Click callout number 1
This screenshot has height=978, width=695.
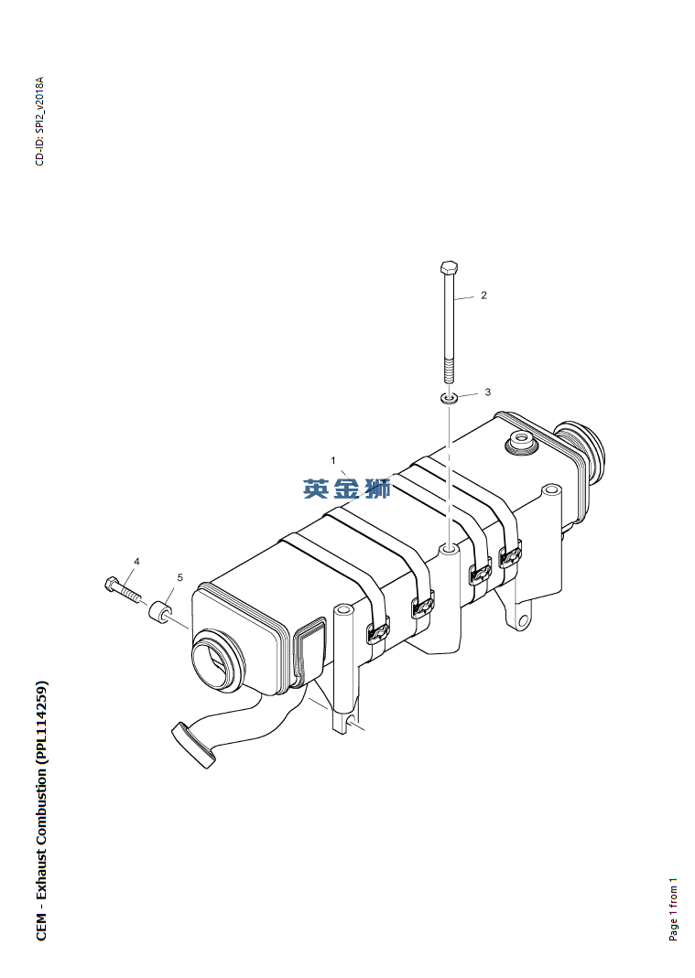332,461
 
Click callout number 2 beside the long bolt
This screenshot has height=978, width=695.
483,296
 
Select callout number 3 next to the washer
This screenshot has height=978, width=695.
488,392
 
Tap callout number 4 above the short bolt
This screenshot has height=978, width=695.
136,562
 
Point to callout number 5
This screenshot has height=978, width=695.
179,577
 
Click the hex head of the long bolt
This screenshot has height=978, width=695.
449,268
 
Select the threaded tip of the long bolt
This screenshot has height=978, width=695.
449,371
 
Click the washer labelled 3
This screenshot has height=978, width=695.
448,397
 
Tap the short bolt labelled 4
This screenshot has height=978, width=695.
123,589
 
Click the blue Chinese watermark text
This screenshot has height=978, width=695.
347,489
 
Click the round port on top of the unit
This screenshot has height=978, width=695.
520,442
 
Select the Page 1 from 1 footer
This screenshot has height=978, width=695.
672,909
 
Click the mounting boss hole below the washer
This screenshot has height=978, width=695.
449,550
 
